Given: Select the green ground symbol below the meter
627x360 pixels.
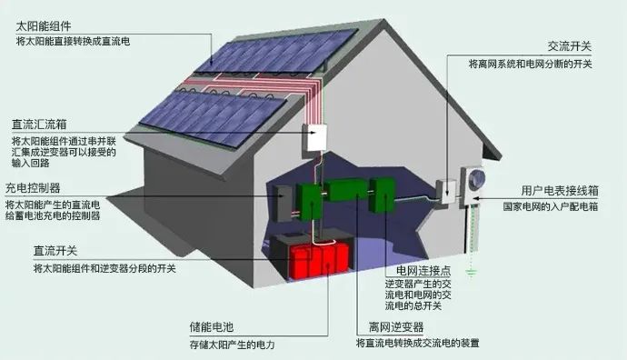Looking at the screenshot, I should coord(471,271).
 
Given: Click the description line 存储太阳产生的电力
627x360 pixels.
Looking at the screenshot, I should coord(231,345).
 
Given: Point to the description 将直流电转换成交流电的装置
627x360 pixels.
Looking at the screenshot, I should coord(417,344).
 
